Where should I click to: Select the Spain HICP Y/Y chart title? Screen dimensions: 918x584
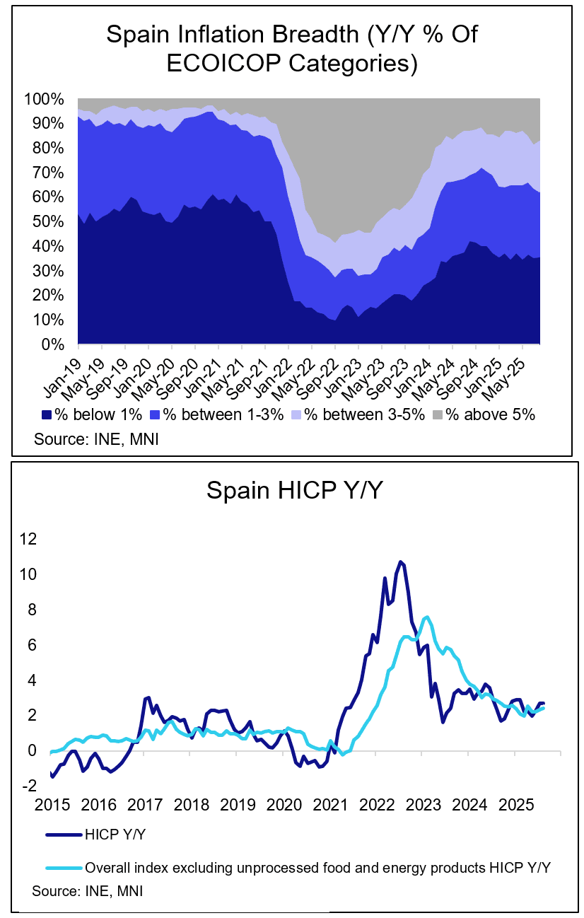[293, 490]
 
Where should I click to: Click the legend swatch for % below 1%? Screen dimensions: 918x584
[47, 414]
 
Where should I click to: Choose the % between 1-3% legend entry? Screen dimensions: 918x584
[216, 414]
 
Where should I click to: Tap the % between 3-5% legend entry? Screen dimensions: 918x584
[359, 414]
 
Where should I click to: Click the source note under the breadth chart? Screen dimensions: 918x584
[96, 439]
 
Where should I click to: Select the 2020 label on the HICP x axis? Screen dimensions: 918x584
[283, 805]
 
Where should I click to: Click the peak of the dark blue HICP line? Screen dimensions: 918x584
[400, 562]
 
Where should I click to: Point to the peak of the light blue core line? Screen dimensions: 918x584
[426, 617]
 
